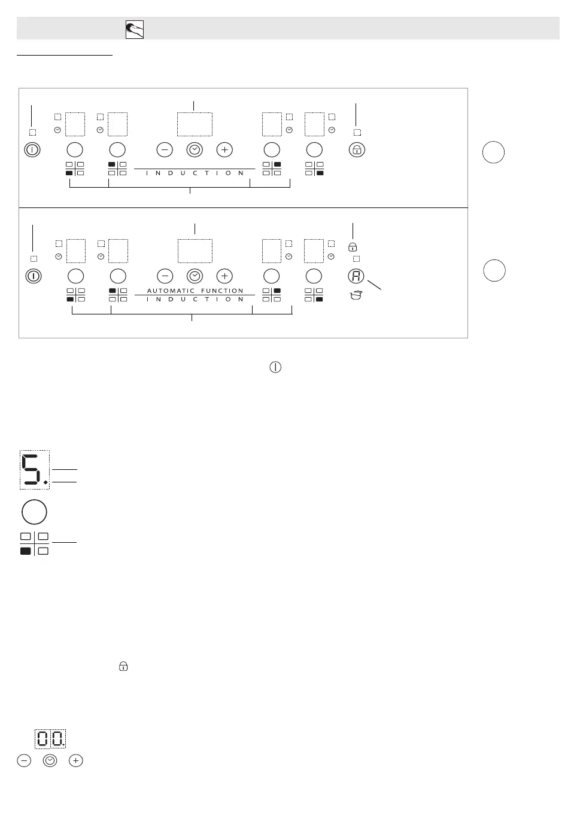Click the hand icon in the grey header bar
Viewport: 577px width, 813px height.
click(135, 29)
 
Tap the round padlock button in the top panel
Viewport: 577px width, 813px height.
click(357, 149)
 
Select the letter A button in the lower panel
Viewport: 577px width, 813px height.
click(356, 276)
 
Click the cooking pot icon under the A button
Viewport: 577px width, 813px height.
click(356, 294)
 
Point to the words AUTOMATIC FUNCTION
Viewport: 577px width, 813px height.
click(195, 291)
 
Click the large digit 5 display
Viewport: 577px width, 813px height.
click(34, 469)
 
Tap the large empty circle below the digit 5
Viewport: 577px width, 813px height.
click(34, 512)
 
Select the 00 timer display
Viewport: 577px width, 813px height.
click(50, 739)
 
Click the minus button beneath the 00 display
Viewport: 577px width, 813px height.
click(24, 761)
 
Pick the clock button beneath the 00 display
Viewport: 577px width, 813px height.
click(50, 761)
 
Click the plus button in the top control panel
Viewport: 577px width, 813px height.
click(224, 149)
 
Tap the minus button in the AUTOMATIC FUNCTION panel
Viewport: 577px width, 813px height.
click(165, 276)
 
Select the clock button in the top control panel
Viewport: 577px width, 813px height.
click(195, 149)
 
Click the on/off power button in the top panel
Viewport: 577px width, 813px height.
click(32, 149)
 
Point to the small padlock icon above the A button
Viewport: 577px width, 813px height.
click(353, 247)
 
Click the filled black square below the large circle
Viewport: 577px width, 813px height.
click(26, 551)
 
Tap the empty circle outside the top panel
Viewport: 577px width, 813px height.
click(493, 152)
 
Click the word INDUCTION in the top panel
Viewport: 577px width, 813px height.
click(195, 173)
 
